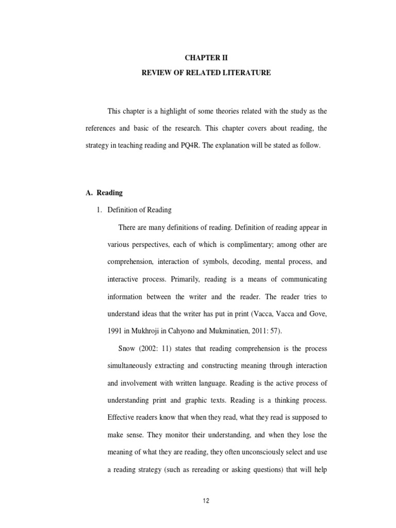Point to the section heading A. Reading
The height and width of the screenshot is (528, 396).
pos(104,193)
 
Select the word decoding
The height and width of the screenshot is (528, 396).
pos(246,262)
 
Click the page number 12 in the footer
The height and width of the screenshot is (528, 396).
pos(206,501)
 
